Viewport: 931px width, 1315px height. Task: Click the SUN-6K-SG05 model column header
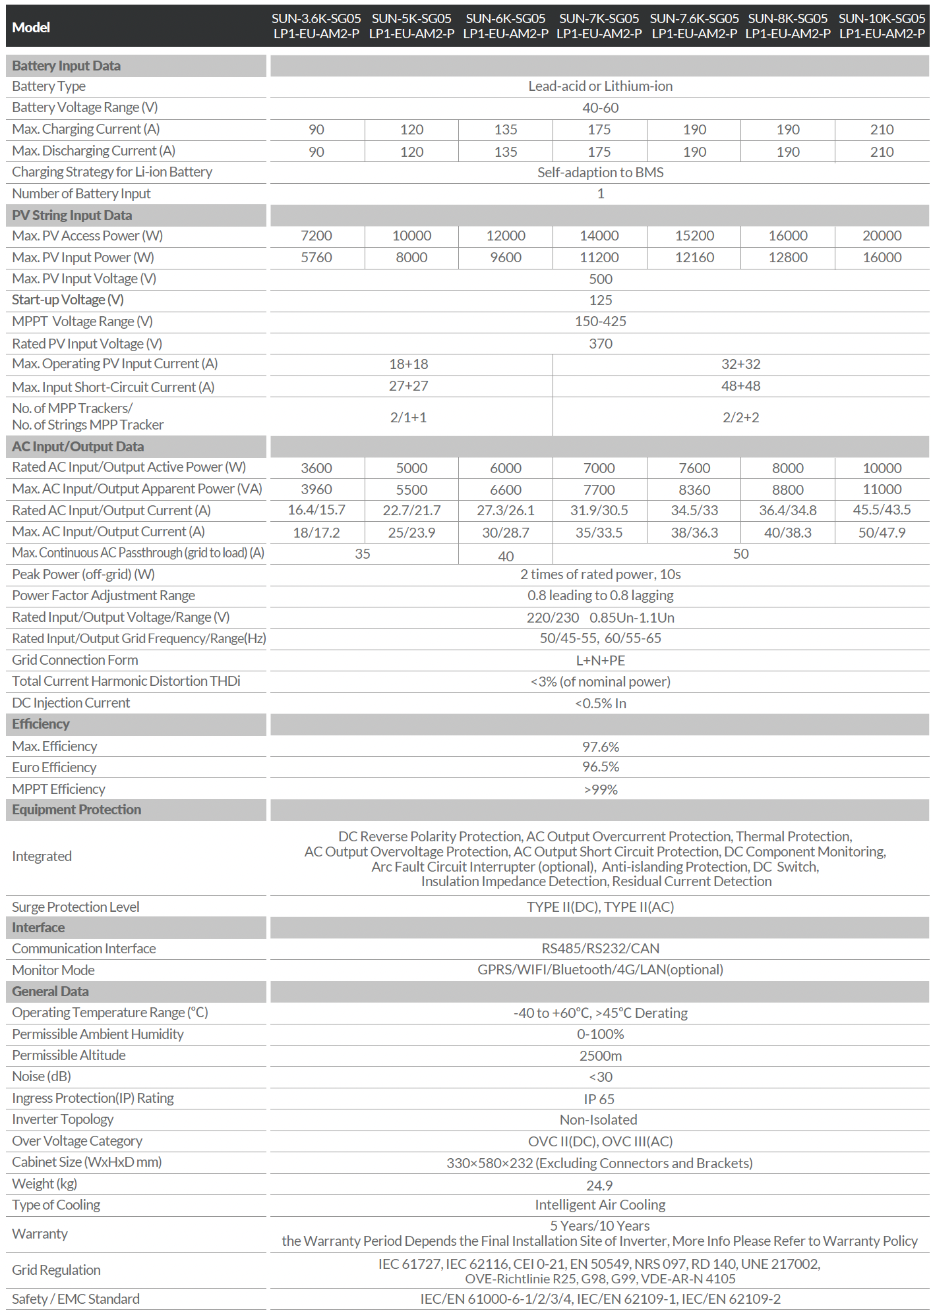506,26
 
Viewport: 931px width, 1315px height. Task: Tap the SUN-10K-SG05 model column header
882,26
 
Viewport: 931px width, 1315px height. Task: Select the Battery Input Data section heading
66,66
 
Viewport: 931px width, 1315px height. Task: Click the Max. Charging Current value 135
506,130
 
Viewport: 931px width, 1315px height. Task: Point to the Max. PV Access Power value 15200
694,236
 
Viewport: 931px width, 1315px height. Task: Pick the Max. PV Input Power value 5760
316,258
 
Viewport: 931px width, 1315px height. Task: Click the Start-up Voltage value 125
600,300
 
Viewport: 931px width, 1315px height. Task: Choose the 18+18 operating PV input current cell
408,364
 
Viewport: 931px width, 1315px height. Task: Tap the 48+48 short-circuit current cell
740,386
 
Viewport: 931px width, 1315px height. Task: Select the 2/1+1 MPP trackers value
408,418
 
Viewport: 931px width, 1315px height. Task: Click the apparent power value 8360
694,490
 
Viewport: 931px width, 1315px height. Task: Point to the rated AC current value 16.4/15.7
316,510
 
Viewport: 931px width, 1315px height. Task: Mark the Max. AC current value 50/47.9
882,532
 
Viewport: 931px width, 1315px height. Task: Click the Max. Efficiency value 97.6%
600,747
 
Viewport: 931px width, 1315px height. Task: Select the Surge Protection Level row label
76,907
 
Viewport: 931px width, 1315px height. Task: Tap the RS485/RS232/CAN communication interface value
600,949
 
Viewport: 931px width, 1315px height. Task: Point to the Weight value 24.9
599,1185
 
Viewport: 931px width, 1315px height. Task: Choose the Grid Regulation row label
56,1270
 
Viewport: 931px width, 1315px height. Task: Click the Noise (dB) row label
42,1077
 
